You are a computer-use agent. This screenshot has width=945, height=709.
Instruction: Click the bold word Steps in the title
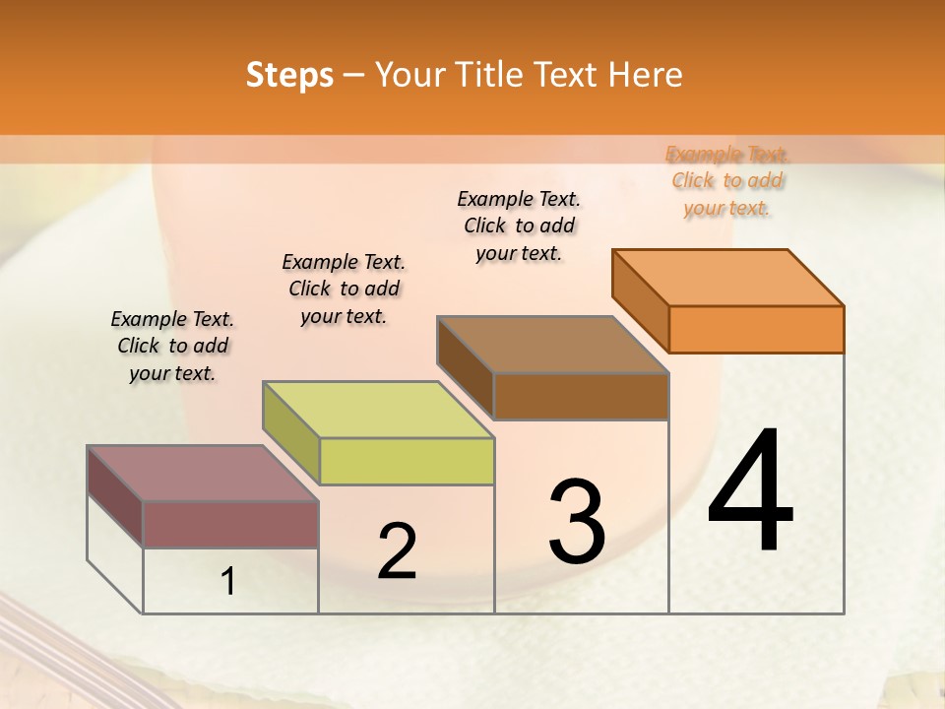coord(289,75)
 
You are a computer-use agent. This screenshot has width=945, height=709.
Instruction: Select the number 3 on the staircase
coord(577,522)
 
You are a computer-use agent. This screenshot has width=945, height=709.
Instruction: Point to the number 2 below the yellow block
coord(397,551)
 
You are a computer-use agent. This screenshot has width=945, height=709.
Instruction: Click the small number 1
coord(228,582)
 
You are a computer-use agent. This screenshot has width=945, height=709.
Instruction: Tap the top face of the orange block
coord(728,278)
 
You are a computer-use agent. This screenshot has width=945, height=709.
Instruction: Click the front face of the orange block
coord(756,329)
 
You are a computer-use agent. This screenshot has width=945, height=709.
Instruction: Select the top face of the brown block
coord(553,345)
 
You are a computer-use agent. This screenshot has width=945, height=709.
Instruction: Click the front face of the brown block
coord(581,396)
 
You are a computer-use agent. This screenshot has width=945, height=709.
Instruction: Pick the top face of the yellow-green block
coord(378,410)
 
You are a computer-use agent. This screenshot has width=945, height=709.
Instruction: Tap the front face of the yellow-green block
coord(406,461)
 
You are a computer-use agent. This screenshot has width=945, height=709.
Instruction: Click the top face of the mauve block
coord(203,474)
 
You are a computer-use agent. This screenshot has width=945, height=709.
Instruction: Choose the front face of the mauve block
coord(230,524)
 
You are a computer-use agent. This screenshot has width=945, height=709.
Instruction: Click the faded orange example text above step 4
coord(726,180)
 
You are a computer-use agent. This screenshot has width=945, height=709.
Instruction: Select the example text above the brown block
coord(519,226)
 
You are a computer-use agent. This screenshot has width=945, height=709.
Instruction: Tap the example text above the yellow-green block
coord(344,289)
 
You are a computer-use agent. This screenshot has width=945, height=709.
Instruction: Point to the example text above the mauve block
coord(172,346)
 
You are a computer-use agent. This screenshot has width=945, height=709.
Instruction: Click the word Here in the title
coord(644,75)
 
